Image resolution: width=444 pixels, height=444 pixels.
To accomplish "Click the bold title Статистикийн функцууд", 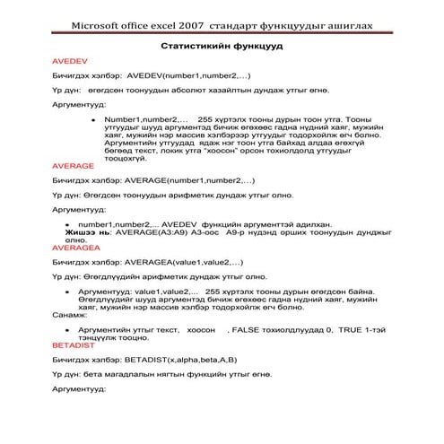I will pos(221,44).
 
